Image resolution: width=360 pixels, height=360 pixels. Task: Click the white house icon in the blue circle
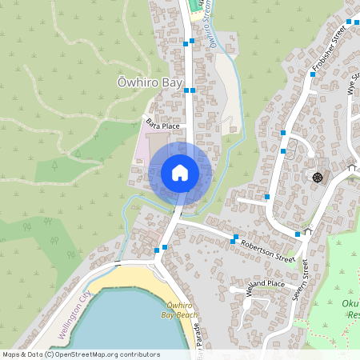pyautogui.click(x=179, y=173)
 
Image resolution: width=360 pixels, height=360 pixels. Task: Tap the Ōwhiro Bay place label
pyautogui.click(x=150, y=82)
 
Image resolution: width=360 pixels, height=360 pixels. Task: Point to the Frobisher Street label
pyautogui.click(x=328, y=47)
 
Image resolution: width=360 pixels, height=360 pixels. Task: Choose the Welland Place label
pyautogui.click(x=265, y=285)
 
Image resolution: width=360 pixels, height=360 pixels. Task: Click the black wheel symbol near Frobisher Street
pyautogui.click(x=318, y=176)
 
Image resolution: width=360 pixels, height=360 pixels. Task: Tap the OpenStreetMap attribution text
pyautogui.click(x=80, y=354)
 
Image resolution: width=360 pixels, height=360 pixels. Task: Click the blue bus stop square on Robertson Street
pyautogui.click(x=234, y=240)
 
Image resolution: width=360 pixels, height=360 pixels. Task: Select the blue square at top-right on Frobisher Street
pyautogui.click(x=350, y=22)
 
